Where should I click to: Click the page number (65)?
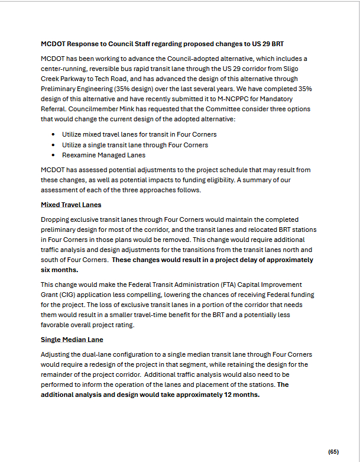333,451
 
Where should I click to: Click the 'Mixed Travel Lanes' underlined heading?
71,205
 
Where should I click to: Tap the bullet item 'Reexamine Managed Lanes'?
103,155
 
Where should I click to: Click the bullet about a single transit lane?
135,145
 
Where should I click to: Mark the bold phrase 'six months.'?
60,269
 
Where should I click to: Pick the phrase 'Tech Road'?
108,79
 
